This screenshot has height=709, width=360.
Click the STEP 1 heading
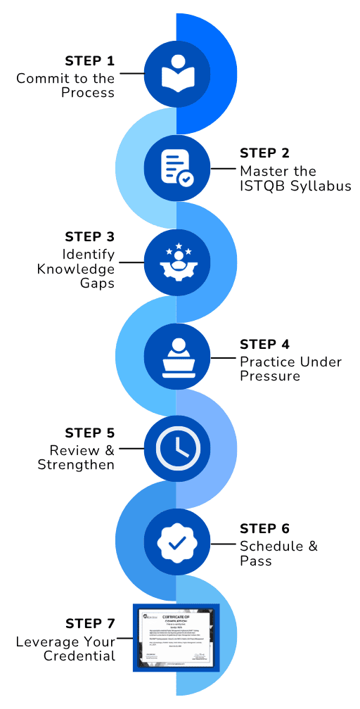(89, 60)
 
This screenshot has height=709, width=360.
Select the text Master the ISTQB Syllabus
(295, 179)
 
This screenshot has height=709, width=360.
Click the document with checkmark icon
(176, 168)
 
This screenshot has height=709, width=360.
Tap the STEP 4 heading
(264, 344)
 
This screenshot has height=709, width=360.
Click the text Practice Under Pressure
(290, 369)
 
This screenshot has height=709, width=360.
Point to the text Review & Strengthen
(82, 457)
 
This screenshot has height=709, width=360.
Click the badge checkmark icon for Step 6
(176, 542)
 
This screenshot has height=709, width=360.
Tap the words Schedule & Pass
(269, 554)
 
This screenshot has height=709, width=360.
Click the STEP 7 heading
(89, 624)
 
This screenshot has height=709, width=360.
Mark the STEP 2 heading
(264, 153)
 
